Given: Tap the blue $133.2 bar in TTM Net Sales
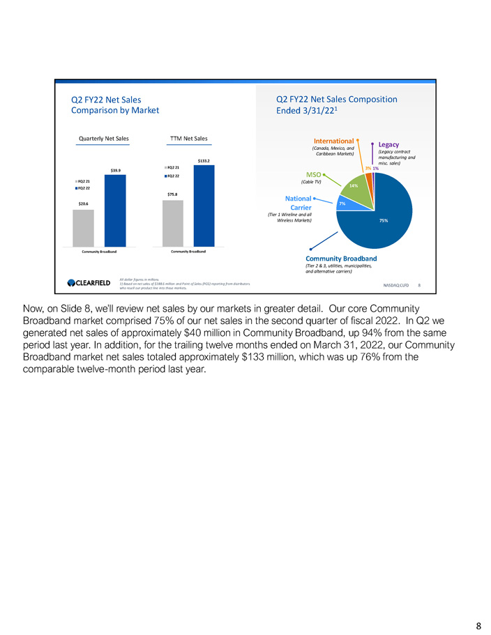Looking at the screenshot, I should tap(204, 206).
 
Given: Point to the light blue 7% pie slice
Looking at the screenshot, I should tap(343, 204).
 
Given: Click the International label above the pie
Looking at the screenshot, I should tap(335, 141).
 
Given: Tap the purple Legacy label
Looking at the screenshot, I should tap(389, 144).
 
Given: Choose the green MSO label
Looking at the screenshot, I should tap(310, 174).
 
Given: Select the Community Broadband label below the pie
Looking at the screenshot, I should tap(341, 259).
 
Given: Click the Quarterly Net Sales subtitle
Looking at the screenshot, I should tap(103, 139).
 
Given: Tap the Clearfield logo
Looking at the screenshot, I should tap(89, 282).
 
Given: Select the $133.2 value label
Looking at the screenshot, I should tap(204, 162).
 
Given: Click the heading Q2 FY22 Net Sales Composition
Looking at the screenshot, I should tap(337, 99).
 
